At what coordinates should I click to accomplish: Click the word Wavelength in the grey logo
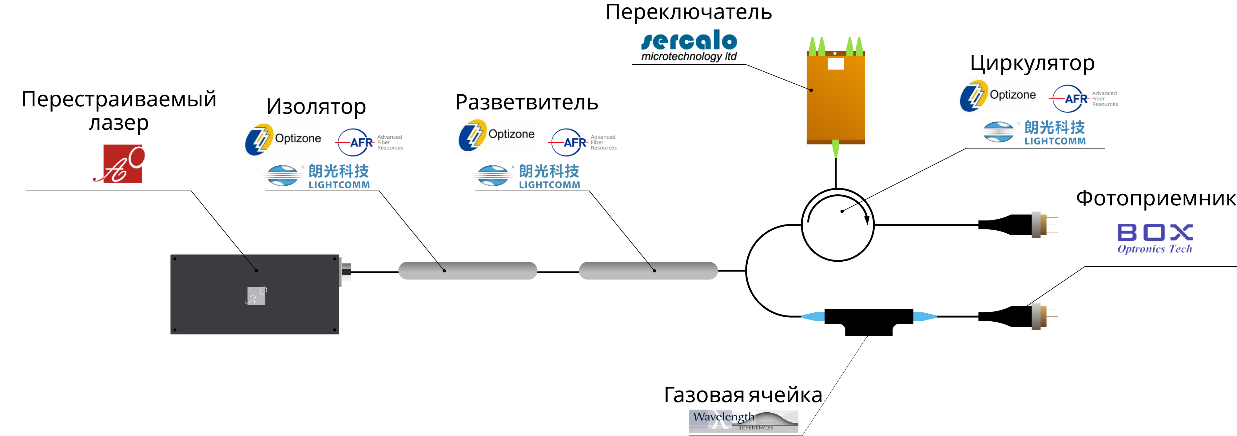coord(723,417)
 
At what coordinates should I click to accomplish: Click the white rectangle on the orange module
coord(836,64)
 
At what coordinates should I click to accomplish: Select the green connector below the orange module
coord(836,149)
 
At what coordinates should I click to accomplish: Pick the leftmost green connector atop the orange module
coord(813,46)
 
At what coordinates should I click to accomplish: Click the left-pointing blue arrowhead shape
coord(813,316)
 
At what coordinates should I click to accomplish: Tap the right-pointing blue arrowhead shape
coord(925,316)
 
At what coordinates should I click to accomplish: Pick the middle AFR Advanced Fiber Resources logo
coord(583,142)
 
